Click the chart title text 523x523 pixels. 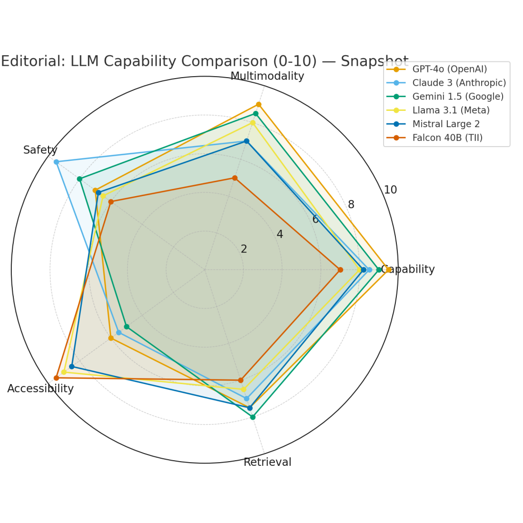tap(204, 61)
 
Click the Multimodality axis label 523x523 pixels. tap(267, 77)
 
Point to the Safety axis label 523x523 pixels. tap(40, 150)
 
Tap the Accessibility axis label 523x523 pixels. tap(40, 389)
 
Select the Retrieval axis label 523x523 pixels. tap(267, 462)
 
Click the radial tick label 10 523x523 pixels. tap(390, 190)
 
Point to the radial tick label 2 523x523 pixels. tap(244, 249)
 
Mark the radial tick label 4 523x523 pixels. tap(279, 234)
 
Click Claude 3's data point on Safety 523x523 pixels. tap(56, 162)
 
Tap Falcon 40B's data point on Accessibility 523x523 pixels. tap(56, 378)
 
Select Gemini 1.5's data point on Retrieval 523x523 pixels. tap(252, 417)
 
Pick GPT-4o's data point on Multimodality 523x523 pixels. tap(258, 104)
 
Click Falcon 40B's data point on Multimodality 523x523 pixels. tap(235, 178)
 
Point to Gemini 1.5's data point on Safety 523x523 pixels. tap(79, 179)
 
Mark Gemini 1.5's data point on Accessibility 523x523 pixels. tap(127, 326)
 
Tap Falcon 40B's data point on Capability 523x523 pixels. tap(340, 270)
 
